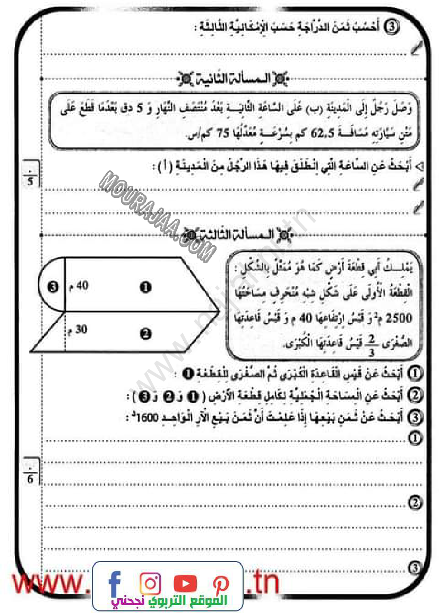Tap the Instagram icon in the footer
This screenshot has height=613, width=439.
(151, 584)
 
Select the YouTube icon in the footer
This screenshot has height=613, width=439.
(185, 584)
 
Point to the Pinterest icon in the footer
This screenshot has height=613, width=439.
(220, 584)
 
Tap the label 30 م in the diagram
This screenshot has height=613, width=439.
(78, 329)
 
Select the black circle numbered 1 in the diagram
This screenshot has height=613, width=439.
(145, 287)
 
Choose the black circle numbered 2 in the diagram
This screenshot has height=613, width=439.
(145, 334)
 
